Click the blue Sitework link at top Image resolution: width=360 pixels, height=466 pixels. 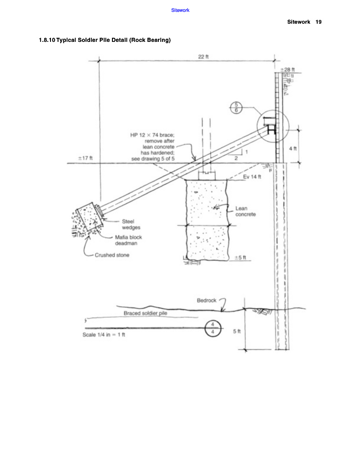click(180, 10)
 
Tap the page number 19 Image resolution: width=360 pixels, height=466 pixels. click(319, 22)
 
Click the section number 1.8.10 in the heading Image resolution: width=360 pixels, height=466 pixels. click(47, 40)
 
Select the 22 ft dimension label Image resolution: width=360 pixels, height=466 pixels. click(203, 56)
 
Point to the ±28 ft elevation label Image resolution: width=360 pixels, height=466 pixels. click(288, 70)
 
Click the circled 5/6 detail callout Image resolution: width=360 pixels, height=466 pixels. click(236, 107)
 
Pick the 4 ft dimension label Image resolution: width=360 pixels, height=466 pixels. click(293, 148)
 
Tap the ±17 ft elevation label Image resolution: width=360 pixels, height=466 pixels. click(85, 158)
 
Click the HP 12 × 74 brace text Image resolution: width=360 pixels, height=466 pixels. click(152, 135)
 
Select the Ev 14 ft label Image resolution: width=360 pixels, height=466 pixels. click(252, 177)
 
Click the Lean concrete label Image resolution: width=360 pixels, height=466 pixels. click(246, 211)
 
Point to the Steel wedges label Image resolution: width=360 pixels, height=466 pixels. click(131, 224)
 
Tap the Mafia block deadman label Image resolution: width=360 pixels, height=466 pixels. click(128, 240)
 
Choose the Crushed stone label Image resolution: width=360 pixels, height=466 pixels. click(112, 255)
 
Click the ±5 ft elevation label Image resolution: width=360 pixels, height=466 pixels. click(240, 258)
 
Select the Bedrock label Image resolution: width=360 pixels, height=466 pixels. click(207, 300)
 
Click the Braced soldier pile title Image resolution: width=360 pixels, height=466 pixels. click(145, 313)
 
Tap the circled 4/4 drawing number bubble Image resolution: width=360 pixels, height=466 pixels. click(213, 329)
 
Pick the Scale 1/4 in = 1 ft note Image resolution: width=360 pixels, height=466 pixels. click(104, 334)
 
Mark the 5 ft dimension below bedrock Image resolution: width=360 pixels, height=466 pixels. click(237, 331)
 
